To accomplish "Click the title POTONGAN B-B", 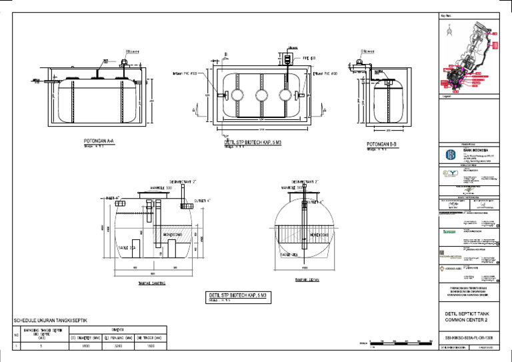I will pyautogui.click(x=382, y=143).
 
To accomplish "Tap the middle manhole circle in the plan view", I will pyautogui.click(x=262, y=96).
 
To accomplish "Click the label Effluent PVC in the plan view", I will pyautogui.click(x=325, y=73).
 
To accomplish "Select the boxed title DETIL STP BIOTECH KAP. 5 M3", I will pyautogui.click(x=238, y=295).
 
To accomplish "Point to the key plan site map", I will pyautogui.click(x=471, y=56).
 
